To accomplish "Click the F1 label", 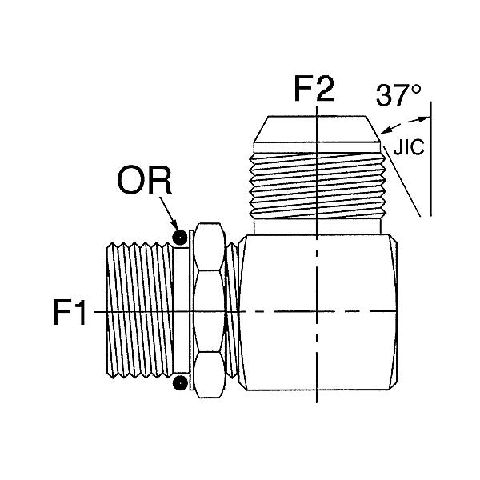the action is [x=69, y=312].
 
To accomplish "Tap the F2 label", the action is [x=314, y=88].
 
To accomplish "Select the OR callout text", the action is [x=144, y=181].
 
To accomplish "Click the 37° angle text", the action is [x=398, y=95].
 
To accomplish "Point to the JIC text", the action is [x=409, y=147].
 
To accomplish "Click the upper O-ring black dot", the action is [x=180, y=237].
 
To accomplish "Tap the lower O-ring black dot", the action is [x=180, y=383].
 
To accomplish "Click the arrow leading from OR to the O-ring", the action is [x=169, y=214].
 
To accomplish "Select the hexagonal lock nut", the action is [x=210, y=310].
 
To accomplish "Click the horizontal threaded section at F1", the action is [x=140, y=310].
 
